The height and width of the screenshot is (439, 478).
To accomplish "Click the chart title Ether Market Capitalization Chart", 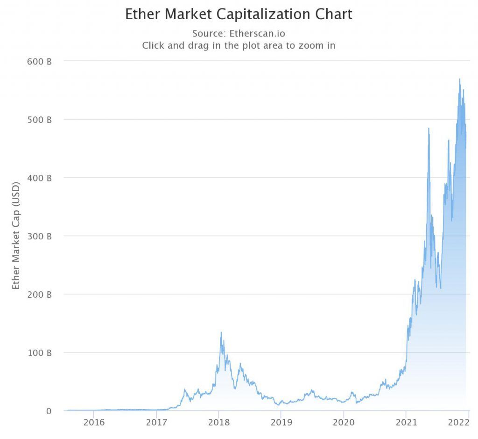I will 239,14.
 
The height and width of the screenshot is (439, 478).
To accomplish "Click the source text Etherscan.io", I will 239,34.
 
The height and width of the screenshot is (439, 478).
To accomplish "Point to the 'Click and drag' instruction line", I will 239,46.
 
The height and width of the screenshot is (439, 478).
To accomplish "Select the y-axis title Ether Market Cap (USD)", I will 16,235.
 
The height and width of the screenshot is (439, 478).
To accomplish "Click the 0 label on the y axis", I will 48,411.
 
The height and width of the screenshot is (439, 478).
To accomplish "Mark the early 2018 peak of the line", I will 221,332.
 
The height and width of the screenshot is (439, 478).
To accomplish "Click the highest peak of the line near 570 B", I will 460,79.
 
